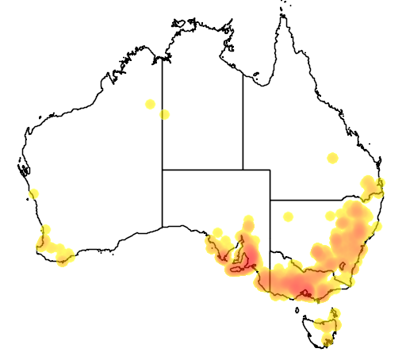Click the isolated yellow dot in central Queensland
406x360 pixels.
pyautogui.click(x=333, y=157)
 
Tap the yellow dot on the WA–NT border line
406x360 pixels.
pyautogui.click(x=164, y=114)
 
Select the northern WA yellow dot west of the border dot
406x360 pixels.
pyautogui.click(x=150, y=104)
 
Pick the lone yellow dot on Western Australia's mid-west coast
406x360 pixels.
pyautogui.click(x=33, y=193)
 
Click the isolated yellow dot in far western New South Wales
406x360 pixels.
pyautogui.click(x=289, y=216)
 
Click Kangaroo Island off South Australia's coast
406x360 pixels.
pyautogui.click(x=236, y=272)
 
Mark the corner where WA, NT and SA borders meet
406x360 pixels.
pyautogui.click(x=163, y=169)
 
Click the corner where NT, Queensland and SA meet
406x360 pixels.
pyautogui.click(x=243, y=169)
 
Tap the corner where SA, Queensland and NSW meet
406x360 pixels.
pyautogui.click(x=270, y=200)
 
